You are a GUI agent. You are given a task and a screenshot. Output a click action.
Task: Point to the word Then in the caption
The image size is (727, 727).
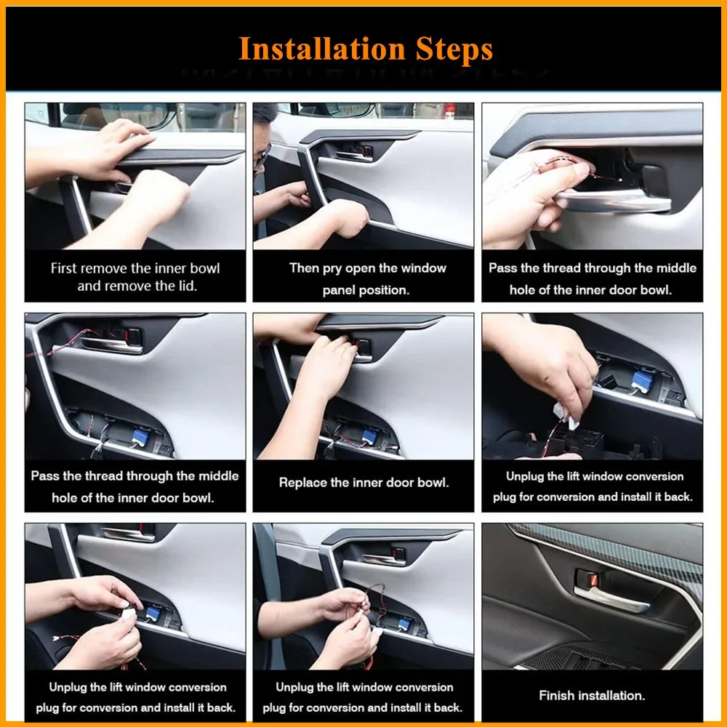click(x=304, y=268)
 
